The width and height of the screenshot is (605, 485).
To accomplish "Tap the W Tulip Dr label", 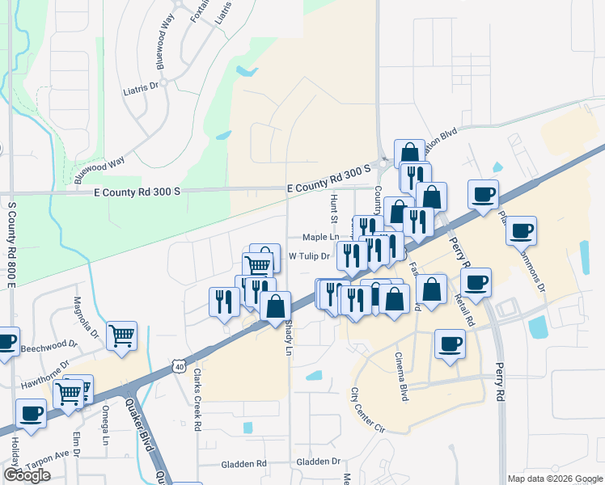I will pos(311,257).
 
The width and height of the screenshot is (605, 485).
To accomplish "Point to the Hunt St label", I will pos(332,208).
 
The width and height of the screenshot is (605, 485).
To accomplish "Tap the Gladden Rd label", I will pos(244,464).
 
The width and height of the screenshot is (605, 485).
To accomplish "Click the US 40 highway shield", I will pos(179,368).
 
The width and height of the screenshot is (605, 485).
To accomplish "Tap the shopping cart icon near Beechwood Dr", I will pos(121,334).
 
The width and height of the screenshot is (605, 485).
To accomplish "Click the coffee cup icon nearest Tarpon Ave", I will pos(32,413).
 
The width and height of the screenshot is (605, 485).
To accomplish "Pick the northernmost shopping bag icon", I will pos(409,153).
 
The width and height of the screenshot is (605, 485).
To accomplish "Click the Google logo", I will pos(27,475).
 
